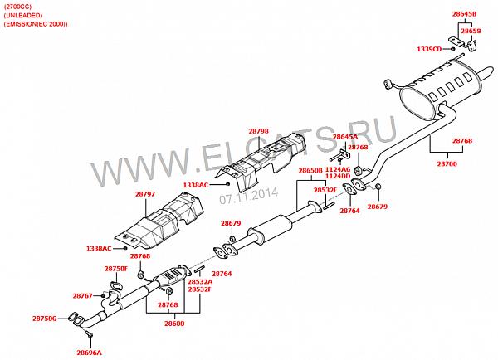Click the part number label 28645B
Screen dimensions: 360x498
(x=465, y=14)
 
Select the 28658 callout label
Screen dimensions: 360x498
(x=471, y=31)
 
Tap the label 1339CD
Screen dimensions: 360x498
(x=429, y=49)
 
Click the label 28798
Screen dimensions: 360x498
(x=258, y=131)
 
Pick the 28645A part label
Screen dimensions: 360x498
(x=344, y=137)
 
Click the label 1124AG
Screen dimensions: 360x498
(x=337, y=169)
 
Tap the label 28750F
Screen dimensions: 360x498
(x=115, y=269)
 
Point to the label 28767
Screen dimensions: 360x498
(x=83, y=295)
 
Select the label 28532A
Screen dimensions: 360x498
(x=199, y=282)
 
